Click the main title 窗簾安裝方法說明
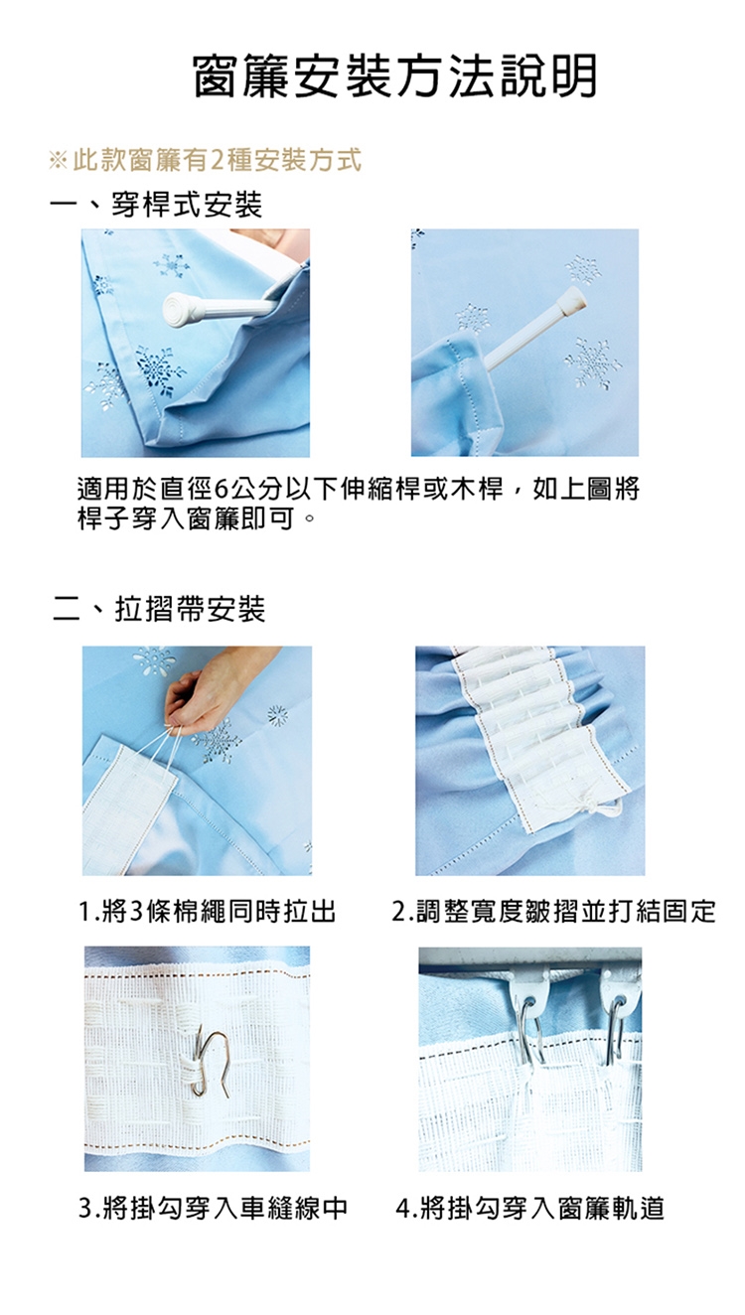(x=394, y=76)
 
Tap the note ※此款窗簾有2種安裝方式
(x=206, y=160)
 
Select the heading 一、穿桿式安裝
(x=157, y=205)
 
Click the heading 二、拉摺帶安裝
(x=159, y=608)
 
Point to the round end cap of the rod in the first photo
(x=178, y=308)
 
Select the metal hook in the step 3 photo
(x=212, y=1061)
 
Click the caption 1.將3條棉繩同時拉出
(x=208, y=911)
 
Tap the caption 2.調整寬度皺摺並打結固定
(x=553, y=911)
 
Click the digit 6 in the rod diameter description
(x=222, y=489)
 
